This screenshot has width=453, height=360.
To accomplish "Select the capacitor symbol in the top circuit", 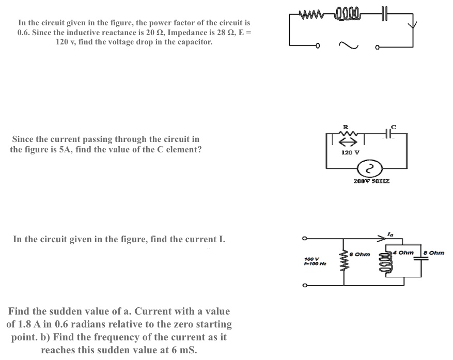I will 384,13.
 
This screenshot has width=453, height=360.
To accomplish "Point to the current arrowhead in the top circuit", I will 413,24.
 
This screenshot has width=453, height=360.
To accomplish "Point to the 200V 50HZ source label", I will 371,182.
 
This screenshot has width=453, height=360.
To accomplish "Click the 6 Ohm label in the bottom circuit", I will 360,254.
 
